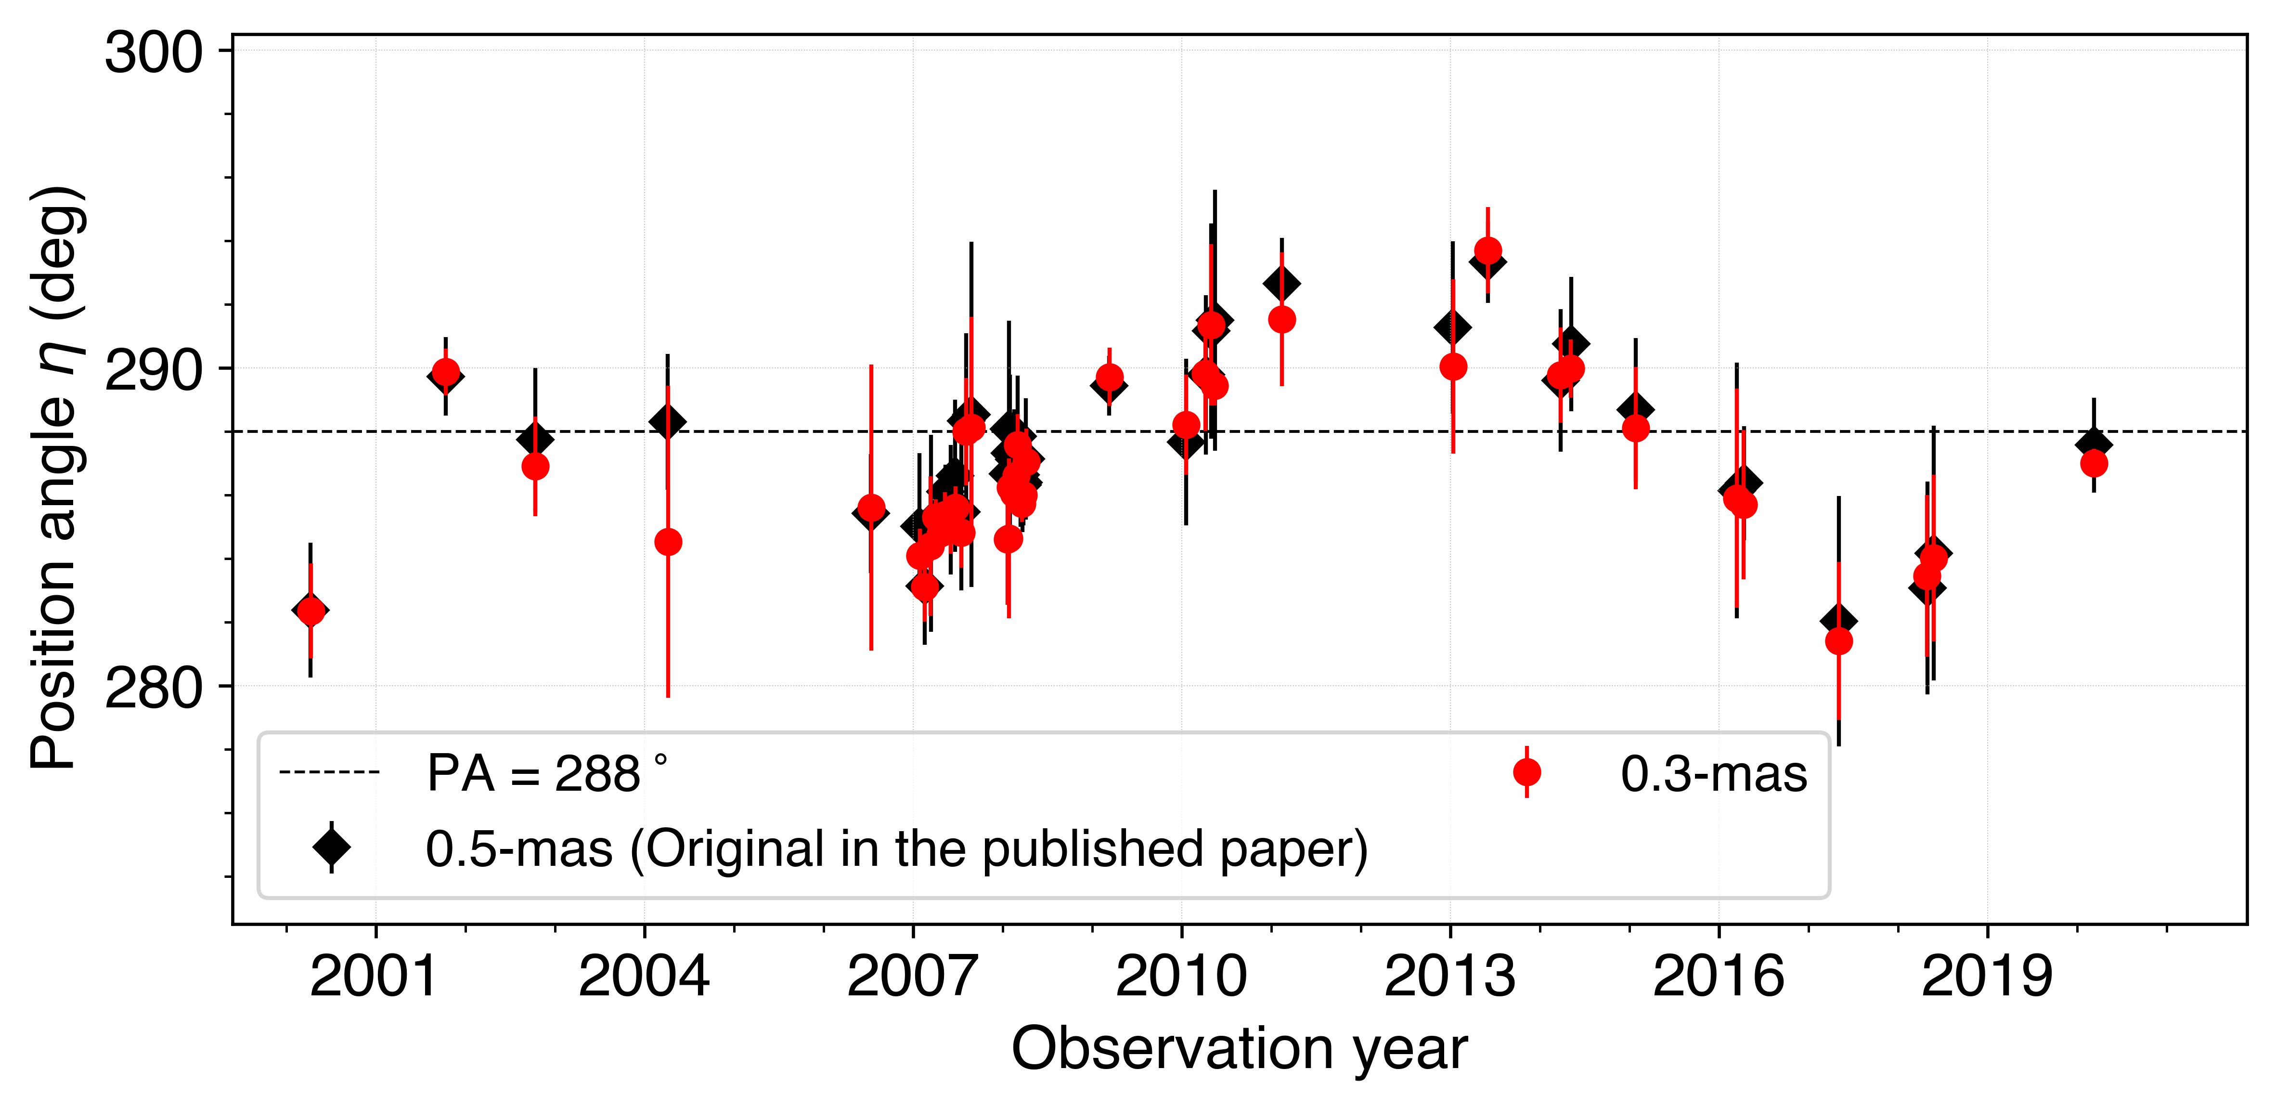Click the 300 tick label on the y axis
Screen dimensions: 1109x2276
point(154,53)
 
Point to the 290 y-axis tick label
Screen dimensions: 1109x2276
point(154,370)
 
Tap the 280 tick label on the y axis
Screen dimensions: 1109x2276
point(154,688)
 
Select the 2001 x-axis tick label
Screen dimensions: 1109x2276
point(375,977)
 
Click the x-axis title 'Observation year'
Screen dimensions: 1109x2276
point(1239,1049)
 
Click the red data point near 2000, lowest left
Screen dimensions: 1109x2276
point(310,611)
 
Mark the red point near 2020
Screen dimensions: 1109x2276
point(2093,463)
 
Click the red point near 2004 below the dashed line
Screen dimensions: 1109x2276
point(668,542)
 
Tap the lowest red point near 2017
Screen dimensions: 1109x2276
point(1838,640)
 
